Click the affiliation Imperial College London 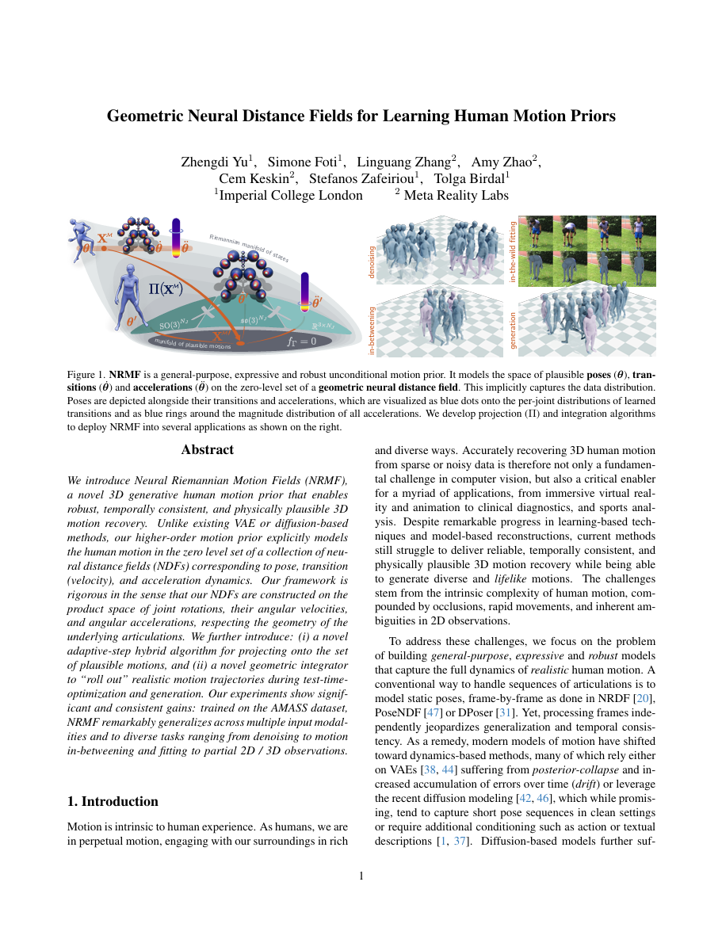[290, 195]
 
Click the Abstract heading [207, 450]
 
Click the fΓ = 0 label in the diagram [301, 342]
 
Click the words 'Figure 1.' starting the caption [86, 372]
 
